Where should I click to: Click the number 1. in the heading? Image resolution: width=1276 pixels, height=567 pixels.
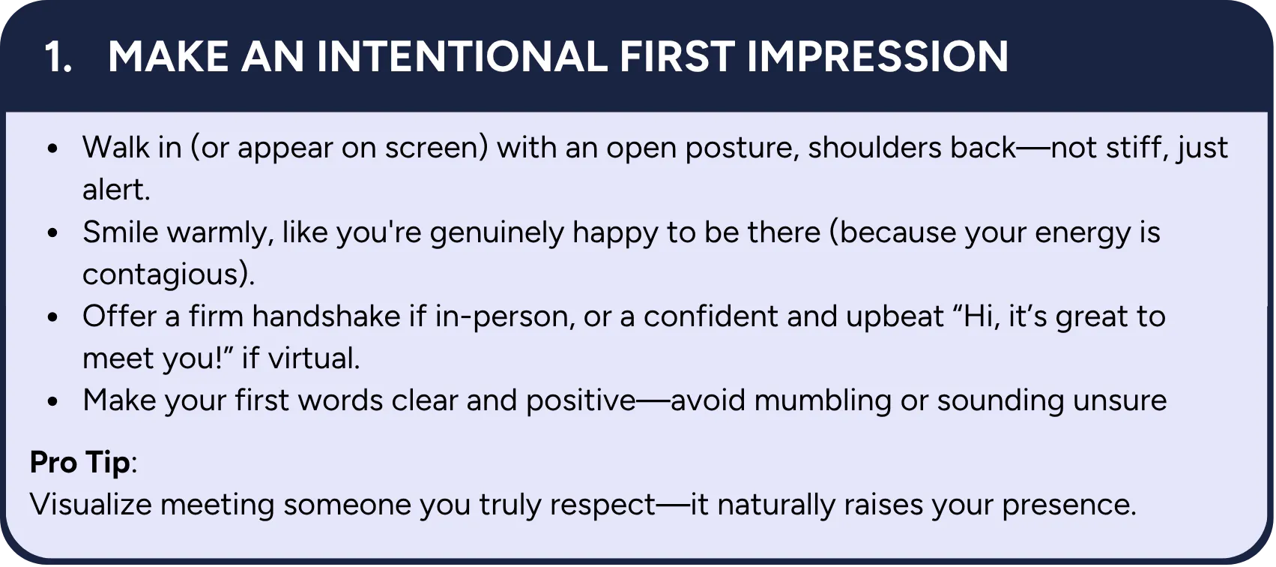58,57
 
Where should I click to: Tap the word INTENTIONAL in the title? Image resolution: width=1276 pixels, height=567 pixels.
462,57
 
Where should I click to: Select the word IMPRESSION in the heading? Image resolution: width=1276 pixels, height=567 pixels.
877,57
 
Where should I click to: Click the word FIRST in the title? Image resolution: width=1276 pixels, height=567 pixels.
677,57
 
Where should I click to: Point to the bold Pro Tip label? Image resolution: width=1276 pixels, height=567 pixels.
79,461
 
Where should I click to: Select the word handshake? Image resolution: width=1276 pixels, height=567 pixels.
327,316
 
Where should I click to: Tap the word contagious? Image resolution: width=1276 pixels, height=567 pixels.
163,275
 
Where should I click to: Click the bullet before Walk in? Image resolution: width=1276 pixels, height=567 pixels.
53,149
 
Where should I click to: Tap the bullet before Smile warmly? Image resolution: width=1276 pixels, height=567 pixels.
53,233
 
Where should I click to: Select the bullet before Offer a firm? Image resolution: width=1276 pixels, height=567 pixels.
53,317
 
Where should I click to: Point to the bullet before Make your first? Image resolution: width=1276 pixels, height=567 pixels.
53,401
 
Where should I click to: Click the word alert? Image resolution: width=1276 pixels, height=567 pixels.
116,190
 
